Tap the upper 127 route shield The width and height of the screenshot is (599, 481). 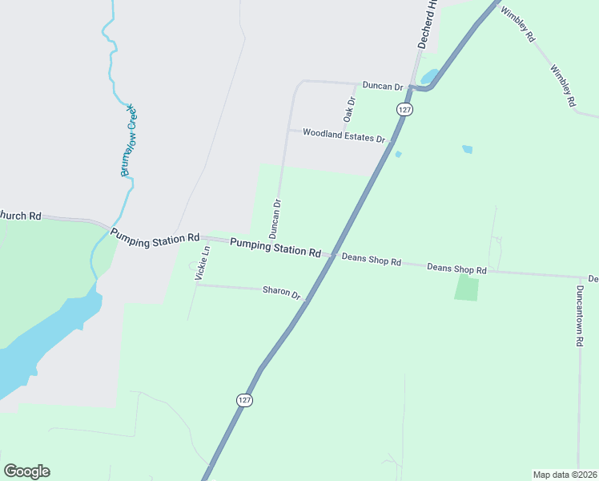[404, 108]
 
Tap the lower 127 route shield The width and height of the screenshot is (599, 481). [244, 399]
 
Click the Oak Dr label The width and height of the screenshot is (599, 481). [349, 109]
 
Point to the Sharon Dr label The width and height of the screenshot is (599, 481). [281, 293]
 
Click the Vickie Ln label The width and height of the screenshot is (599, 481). [203, 262]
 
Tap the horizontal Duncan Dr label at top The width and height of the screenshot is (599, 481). [382, 84]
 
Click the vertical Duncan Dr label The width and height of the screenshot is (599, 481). [276, 219]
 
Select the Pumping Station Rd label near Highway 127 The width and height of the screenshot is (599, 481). [275, 246]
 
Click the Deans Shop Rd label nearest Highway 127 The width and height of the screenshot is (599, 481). [371, 260]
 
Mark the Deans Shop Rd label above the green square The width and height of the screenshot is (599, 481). [456, 269]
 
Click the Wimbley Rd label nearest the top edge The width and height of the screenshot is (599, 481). [517, 24]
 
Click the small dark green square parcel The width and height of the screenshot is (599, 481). [466, 289]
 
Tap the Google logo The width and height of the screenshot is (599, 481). [26, 471]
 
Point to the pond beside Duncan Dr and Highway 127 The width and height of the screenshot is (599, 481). [428, 77]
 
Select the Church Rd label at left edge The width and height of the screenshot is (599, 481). [20, 215]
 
